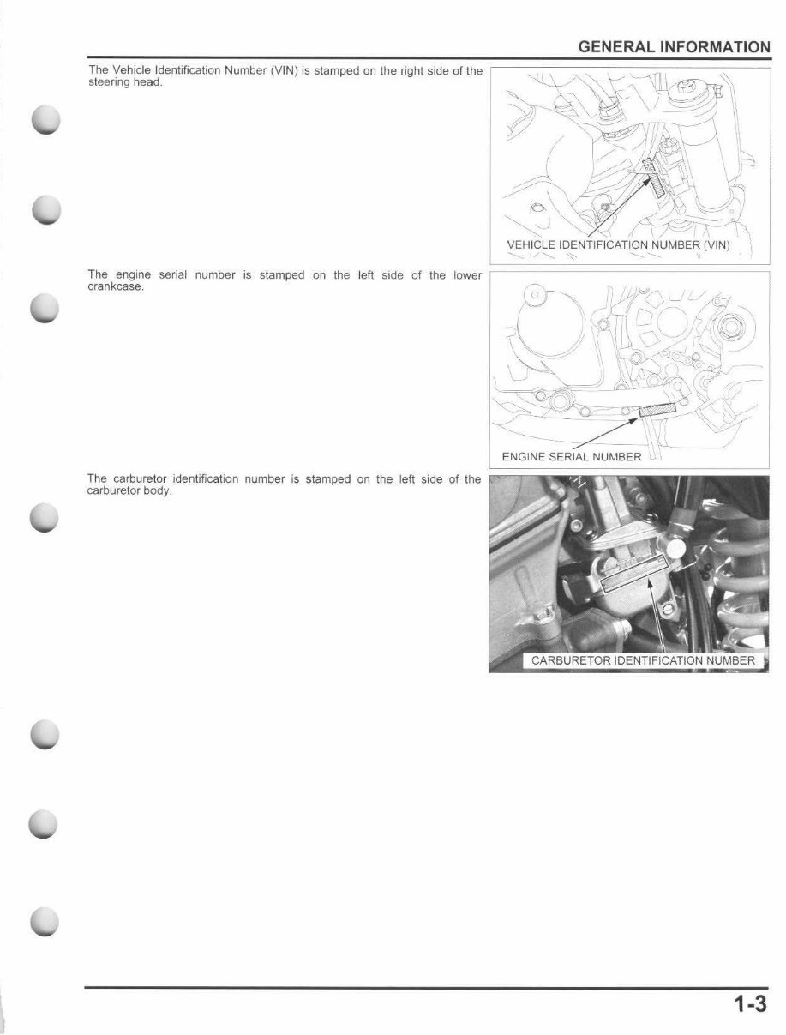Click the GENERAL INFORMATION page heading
(674, 47)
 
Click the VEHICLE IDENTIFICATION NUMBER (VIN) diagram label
(618, 244)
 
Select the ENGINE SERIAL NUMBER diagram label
(572, 456)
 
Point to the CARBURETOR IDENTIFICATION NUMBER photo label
(643, 660)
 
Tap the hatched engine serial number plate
(657, 410)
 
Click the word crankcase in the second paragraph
(116, 286)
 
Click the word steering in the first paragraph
(105, 82)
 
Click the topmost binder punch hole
(46, 119)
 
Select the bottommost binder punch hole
(45, 921)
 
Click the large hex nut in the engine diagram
(733, 327)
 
